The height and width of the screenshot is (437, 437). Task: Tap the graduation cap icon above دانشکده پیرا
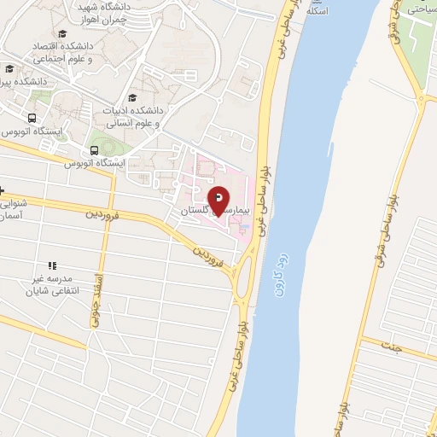9,69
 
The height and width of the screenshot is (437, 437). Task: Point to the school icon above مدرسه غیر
52,266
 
